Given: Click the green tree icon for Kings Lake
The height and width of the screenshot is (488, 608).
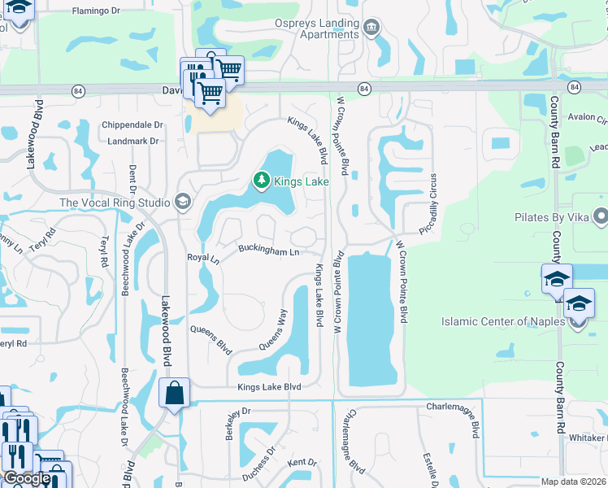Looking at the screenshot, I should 261,181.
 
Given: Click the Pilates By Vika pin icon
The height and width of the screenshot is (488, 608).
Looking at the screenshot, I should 601,216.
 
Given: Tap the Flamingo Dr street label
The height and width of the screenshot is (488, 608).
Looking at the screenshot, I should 96,11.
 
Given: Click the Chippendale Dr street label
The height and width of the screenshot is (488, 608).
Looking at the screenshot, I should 132,125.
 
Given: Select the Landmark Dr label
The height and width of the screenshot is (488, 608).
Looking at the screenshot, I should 132,141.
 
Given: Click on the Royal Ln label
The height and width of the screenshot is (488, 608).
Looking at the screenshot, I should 203,258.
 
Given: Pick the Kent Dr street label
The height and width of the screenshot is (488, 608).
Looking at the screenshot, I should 302,462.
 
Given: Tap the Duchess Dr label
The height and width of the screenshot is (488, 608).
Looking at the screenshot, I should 260,464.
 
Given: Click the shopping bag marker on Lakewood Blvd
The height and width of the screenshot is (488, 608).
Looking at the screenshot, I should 174,394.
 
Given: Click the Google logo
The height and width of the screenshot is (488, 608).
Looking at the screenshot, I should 27,479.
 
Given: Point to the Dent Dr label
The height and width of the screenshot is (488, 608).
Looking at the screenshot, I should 131,183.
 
